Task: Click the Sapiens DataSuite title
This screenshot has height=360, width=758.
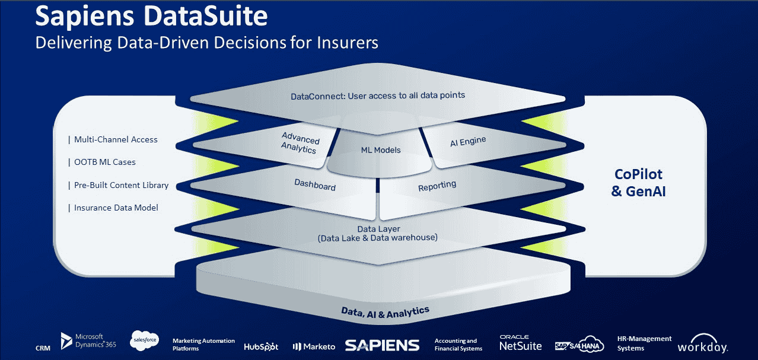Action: [x=151, y=16]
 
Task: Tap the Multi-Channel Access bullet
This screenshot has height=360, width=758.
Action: [x=113, y=139]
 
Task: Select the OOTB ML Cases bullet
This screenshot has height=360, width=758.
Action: [x=102, y=162]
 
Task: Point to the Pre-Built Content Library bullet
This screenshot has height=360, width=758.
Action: [x=119, y=185]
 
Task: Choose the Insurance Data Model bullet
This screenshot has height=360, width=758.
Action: [x=113, y=208]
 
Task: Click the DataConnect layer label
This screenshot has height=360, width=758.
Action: [x=378, y=95]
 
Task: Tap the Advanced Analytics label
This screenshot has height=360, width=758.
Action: [x=300, y=143]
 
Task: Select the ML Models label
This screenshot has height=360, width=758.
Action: [x=381, y=150]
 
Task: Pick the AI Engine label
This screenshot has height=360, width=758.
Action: [x=468, y=141]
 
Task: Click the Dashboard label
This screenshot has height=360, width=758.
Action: [x=315, y=184]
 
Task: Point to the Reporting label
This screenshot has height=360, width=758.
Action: [x=437, y=186]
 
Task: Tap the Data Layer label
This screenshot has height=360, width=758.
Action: [x=378, y=234]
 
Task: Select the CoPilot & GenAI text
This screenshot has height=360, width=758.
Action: [x=638, y=183]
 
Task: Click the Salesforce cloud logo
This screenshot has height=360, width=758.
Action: [x=145, y=340]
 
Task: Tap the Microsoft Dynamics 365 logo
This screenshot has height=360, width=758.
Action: [x=88, y=340]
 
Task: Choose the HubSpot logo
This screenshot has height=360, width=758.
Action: [x=261, y=346]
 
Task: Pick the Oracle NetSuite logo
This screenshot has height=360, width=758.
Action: [x=520, y=343]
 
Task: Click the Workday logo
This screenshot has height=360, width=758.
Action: [x=702, y=343]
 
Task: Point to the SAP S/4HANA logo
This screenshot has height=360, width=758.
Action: [x=579, y=345]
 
